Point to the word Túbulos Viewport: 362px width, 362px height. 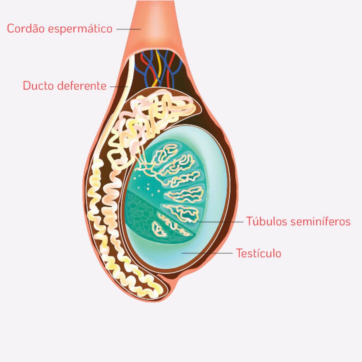tap(266, 221)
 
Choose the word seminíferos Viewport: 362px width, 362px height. tap(320, 221)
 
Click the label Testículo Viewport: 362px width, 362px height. tap(259, 253)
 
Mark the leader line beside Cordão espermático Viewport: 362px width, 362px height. tap(128, 29)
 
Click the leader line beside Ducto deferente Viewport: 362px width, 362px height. tap(119, 87)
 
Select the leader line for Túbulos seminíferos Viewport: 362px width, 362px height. tap(220, 222)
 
